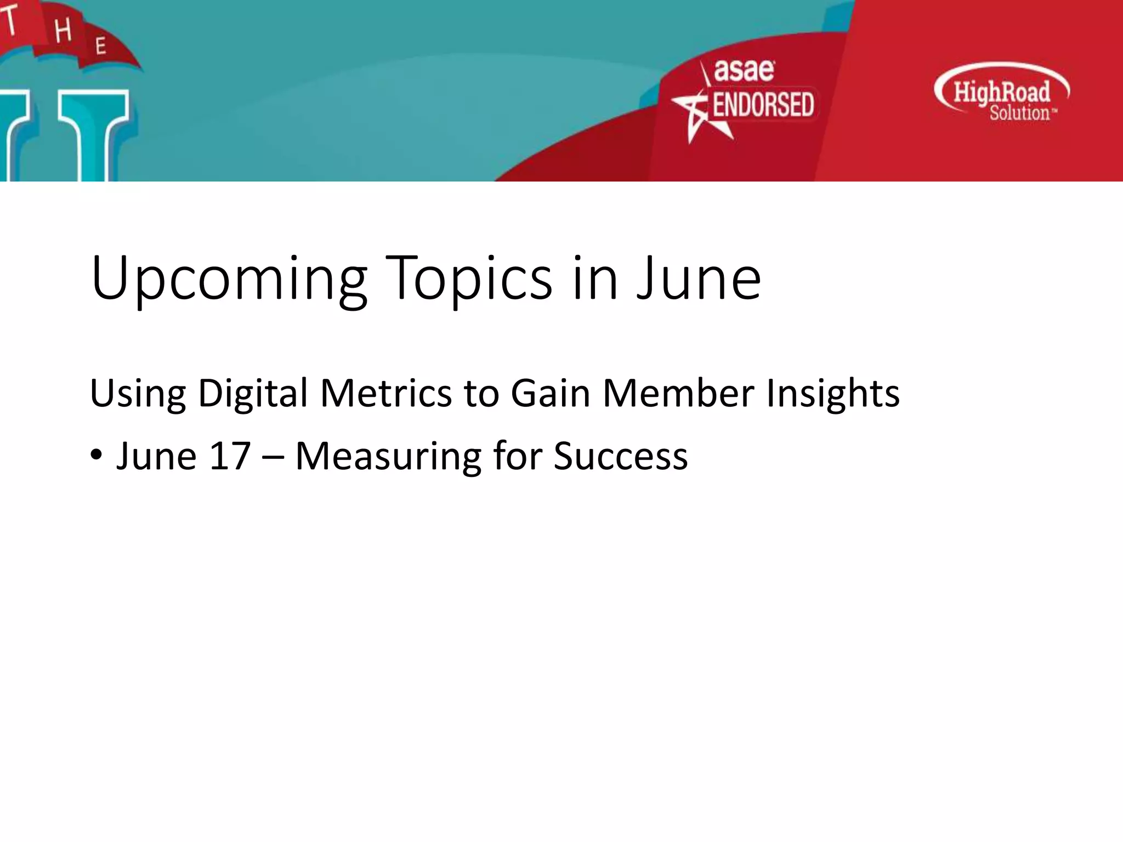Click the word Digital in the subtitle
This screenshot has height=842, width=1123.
pos(253,393)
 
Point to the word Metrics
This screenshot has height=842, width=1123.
pos(385,393)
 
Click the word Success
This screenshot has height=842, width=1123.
pos(620,456)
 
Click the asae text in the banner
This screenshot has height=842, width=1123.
pos(744,71)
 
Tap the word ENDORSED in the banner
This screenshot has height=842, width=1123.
pos(763,105)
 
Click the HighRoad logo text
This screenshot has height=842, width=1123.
pos(1001,92)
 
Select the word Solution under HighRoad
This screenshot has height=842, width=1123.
pos(1019,113)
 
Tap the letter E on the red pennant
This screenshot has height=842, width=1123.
pos(100,46)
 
